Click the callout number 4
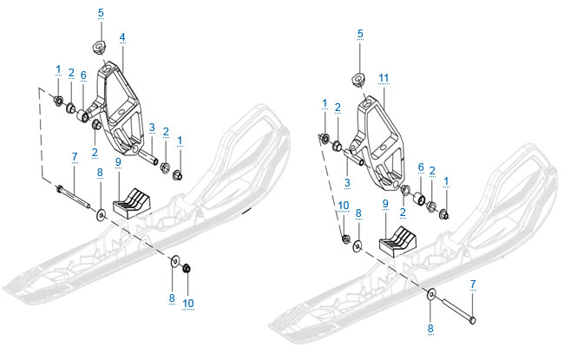[122, 37]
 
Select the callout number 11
[384, 78]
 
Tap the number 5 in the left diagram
[101, 13]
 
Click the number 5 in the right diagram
[360, 34]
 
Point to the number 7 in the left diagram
[75, 157]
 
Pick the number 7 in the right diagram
[473, 285]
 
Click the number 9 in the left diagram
[118, 162]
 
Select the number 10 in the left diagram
[188, 303]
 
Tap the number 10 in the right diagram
[344, 206]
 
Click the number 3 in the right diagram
[347, 182]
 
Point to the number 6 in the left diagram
[83, 75]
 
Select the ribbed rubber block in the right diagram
[397, 242]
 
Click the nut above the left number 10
[187, 268]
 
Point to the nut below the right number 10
[346, 239]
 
